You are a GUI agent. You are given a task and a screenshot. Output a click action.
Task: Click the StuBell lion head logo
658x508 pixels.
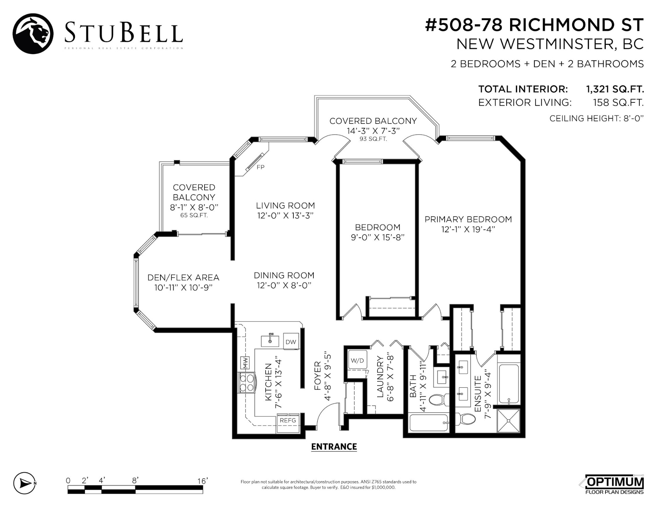[x=33, y=34]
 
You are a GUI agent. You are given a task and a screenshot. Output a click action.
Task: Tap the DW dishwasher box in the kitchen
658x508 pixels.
[x=291, y=342]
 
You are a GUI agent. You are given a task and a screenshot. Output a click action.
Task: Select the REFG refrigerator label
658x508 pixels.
[x=288, y=420]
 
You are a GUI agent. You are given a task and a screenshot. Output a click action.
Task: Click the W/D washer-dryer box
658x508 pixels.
[x=357, y=360]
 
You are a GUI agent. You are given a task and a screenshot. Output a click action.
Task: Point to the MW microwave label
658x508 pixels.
[x=245, y=363]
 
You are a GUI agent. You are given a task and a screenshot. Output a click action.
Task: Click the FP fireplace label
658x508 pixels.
[x=260, y=167]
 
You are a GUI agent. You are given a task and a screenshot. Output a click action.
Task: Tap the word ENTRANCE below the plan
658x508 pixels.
[x=334, y=447]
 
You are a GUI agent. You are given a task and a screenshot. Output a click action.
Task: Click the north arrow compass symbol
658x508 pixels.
[x=24, y=483]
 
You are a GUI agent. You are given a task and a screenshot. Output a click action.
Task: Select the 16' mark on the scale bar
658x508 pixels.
[x=202, y=481]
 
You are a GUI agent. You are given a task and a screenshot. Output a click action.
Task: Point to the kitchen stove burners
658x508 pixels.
[x=247, y=383]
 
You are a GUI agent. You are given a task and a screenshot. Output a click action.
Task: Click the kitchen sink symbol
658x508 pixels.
[x=270, y=340]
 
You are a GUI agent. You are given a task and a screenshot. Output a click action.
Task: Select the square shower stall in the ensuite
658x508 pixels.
[x=508, y=421]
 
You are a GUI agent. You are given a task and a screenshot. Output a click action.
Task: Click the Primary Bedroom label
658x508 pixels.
[x=468, y=219]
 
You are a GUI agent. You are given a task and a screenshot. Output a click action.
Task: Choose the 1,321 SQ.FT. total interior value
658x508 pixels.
[x=615, y=89]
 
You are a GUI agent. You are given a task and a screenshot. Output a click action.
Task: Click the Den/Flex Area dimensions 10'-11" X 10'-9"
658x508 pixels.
[x=183, y=288]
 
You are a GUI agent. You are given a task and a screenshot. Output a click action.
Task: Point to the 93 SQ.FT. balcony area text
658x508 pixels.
[x=373, y=139]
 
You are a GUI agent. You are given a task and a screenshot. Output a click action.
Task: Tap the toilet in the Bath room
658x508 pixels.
[x=439, y=399]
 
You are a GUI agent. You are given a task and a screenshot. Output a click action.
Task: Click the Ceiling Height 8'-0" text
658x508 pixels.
[x=597, y=118]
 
